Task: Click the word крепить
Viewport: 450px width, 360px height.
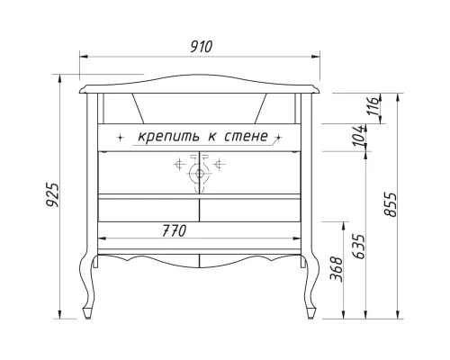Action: click(x=171, y=137)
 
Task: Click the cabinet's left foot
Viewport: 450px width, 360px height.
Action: click(x=87, y=312)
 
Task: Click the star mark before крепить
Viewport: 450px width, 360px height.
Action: click(x=121, y=138)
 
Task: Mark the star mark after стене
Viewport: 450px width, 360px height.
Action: click(x=280, y=138)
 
